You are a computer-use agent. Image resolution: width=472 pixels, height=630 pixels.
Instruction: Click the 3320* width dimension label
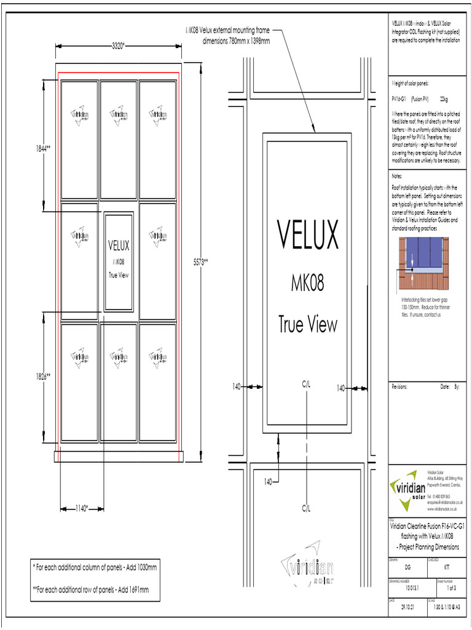(x=118, y=46)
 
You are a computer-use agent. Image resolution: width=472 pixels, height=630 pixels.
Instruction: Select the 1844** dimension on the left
(x=42, y=148)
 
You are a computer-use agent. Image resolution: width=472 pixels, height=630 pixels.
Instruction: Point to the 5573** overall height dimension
(x=201, y=261)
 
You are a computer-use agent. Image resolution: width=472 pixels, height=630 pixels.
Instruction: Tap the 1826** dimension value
(x=42, y=377)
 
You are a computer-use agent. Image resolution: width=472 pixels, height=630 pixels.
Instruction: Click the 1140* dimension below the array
(x=82, y=508)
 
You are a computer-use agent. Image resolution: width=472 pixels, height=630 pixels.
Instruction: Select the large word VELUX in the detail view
(x=307, y=233)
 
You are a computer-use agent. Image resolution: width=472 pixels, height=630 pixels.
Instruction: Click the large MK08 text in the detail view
(x=307, y=284)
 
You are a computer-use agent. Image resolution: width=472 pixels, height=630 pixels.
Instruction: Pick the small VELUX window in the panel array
(x=119, y=260)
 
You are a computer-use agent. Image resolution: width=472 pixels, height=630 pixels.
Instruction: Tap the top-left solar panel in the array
(x=80, y=140)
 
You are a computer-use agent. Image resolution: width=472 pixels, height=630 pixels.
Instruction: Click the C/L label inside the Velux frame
(x=307, y=383)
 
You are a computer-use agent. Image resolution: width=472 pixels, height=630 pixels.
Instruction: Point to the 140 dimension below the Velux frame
(x=269, y=481)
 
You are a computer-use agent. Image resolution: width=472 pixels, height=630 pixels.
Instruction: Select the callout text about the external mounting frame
(x=227, y=36)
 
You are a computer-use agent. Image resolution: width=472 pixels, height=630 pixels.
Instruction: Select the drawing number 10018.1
(x=411, y=588)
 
